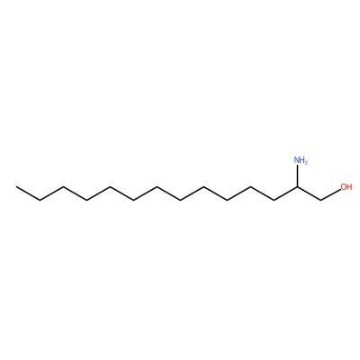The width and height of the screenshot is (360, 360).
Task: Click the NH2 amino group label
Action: (301, 160)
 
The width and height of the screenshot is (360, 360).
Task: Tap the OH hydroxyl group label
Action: (346, 187)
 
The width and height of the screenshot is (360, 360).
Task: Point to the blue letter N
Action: (297, 160)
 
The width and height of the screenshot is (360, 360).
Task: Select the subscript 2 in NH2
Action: (306, 163)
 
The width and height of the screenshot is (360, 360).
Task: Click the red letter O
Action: (343, 187)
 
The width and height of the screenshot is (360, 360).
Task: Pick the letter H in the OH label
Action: (349, 187)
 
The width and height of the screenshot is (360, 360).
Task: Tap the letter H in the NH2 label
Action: (302, 160)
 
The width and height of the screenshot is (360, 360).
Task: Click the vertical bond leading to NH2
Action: (297, 175)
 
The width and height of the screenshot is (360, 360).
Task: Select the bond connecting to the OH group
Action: (330, 194)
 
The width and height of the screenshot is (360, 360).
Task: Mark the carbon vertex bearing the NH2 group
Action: (297, 186)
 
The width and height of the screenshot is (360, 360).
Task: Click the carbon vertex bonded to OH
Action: (320, 200)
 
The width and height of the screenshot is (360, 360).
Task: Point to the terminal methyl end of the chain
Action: (17, 186)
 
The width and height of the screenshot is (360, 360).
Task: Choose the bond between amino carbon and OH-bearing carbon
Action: (309, 193)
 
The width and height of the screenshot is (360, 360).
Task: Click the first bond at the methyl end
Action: (29, 193)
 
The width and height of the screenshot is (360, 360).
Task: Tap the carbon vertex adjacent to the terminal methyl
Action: (40, 200)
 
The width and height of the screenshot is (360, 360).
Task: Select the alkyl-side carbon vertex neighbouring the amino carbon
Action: (274, 200)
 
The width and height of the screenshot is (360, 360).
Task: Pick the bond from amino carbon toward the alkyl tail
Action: (285, 193)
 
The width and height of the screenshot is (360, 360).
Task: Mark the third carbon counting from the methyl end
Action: (64, 186)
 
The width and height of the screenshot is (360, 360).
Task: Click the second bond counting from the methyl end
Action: (52, 193)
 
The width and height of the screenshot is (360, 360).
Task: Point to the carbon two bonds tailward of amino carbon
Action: (250, 186)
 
